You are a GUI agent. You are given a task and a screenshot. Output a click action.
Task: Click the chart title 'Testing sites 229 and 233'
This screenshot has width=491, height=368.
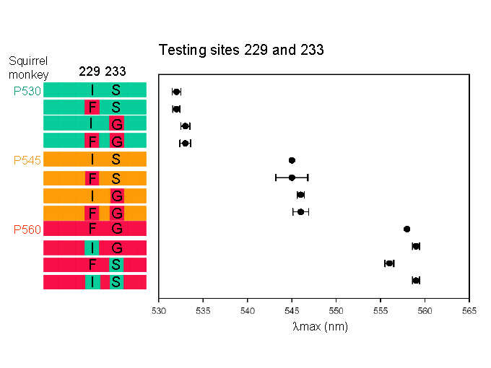pyautogui.click(x=241, y=50)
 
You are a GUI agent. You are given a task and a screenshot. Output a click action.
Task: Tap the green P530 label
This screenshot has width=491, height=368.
pyautogui.click(x=27, y=91)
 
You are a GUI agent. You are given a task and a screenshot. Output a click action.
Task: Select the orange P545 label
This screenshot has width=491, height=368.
pyautogui.click(x=27, y=160)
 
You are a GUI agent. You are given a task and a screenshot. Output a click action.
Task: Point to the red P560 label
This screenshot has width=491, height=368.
pyautogui.click(x=27, y=229)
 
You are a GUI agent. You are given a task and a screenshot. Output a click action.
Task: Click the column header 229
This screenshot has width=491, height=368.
pyautogui.click(x=90, y=71)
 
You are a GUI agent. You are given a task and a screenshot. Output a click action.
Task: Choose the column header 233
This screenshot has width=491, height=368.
pyautogui.click(x=116, y=71)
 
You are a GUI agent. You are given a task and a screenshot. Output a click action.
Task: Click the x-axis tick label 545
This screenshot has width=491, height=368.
pyautogui.click(x=292, y=311)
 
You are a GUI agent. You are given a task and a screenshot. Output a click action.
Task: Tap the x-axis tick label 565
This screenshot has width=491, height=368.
pyautogui.click(x=469, y=311)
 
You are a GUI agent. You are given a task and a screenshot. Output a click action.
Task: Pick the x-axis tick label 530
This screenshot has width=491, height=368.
pyautogui.click(x=159, y=311)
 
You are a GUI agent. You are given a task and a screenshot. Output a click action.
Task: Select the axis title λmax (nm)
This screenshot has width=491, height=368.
pyautogui.click(x=320, y=327)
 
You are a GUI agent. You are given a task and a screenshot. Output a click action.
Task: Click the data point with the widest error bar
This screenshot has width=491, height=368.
pyautogui.click(x=292, y=178)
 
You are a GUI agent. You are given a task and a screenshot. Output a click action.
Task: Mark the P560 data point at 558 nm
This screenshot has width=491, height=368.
pyautogui.click(x=407, y=229)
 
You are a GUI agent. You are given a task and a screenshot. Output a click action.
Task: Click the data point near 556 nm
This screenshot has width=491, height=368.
pyautogui.click(x=389, y=263)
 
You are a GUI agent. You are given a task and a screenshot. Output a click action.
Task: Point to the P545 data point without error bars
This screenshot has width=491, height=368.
pyautogui.click(x=292, y=160)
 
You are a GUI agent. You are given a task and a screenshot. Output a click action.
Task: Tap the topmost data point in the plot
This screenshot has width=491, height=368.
pyautogui.click(x=177, y=92)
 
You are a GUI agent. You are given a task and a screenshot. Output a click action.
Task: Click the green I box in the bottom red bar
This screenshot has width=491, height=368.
pyautogui.click(x=92, y=282)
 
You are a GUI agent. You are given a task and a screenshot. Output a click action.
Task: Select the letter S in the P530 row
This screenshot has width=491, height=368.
pyautogui.click(x=116, y=90)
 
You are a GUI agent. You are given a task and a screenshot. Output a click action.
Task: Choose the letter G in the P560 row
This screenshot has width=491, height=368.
pyautogui.click(x=117, y=229)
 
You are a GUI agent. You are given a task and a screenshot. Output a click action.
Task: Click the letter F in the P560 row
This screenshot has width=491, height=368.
pyautogui.click(x=92, y=229)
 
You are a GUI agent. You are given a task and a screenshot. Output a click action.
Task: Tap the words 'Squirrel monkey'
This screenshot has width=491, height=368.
pyautogui.click(x=28, y=68)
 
